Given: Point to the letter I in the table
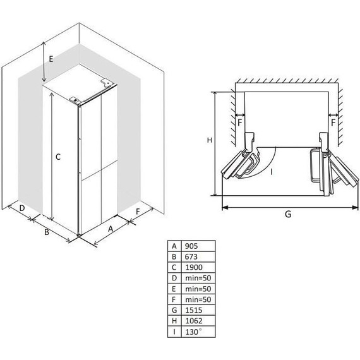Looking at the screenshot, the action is pyautogui.click(x=174, y=332).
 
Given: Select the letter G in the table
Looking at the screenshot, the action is pyautogui.click(x=174, y=310).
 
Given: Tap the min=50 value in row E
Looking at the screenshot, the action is pyautogui.click(x=198, y=289).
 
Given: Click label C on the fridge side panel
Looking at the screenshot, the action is pyautogui.click(x=58, y=157).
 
